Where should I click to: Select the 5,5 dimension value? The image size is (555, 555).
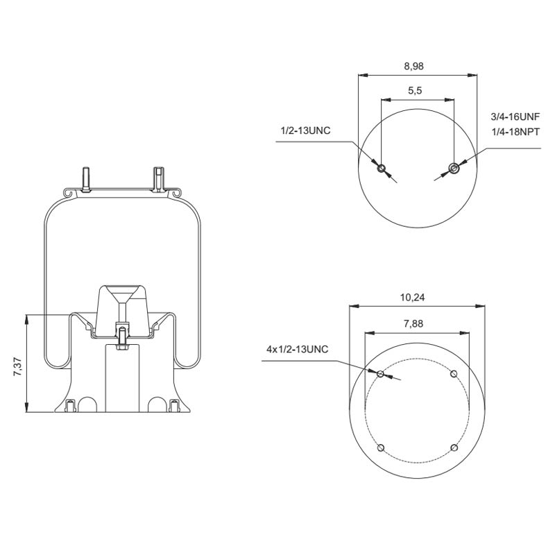pos(416,91)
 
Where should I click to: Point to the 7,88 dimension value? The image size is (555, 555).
pos(414,323)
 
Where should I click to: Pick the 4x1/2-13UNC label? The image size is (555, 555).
pos(297,350)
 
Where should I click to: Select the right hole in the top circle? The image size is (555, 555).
pos(454,167)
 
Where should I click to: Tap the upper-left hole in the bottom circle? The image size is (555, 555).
pos(381,375)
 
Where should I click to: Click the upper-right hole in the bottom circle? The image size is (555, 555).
pos(454,375)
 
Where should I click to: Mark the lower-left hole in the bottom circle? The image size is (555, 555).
pos(381,447)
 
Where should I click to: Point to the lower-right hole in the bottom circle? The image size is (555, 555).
pos(454,447)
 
